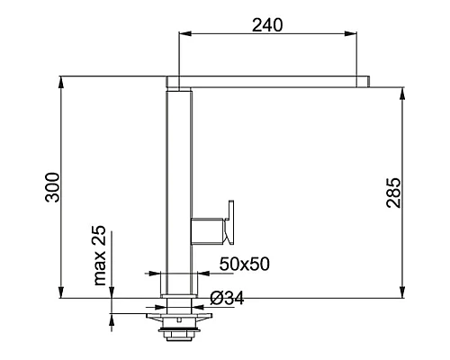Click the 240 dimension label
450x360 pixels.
tap(267, 25)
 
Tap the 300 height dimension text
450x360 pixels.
tap(52, 187)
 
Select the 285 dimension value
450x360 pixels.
tap(393, 193)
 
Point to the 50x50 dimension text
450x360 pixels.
tap(245, 264)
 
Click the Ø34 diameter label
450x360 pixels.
tap(227, 298)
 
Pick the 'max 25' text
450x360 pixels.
tap(100, 256)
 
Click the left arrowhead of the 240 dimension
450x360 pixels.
tap(185, 33)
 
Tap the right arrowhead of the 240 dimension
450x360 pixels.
tap(350, 33)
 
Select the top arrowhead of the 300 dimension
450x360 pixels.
tap(61, 83)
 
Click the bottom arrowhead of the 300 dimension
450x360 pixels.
tap(61, 292)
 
